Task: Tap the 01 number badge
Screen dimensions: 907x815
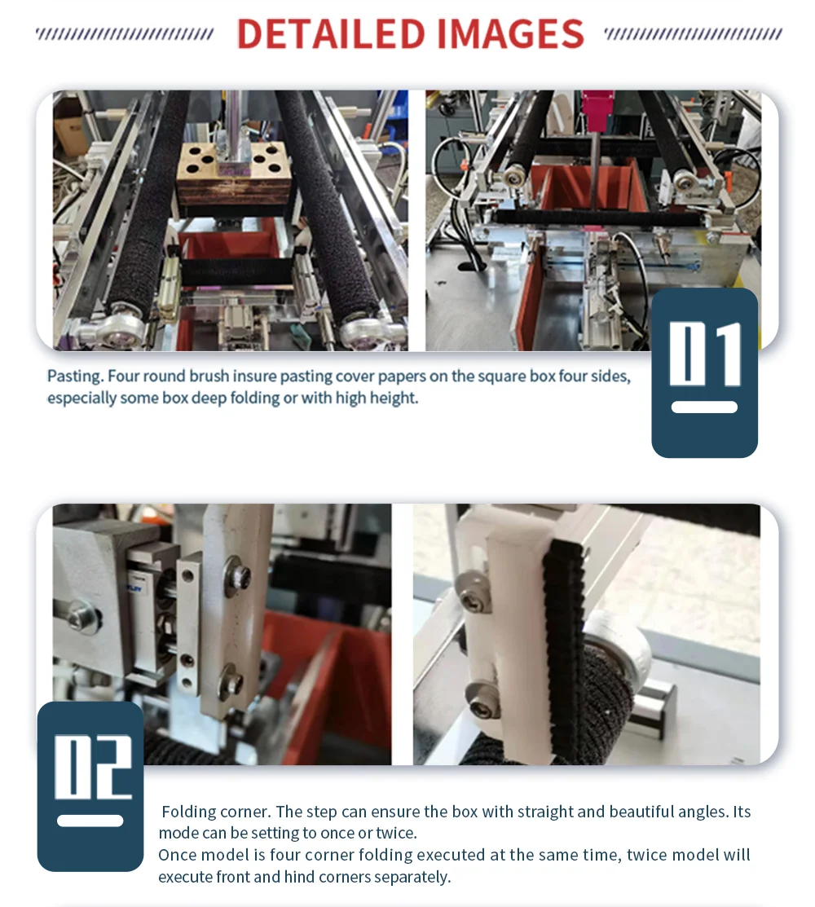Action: pos(704,372)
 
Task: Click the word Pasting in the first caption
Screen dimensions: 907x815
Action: pos(75,376)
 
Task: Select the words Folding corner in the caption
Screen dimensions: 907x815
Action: pos(215,812)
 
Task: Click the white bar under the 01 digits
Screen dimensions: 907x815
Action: pos(704,407)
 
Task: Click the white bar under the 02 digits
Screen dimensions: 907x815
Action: pos(90,821)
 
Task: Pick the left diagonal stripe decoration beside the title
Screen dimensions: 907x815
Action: pos(125,34)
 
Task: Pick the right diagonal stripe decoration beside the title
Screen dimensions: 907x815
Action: pos(693,34)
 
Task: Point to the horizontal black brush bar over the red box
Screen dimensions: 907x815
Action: pos(595,218)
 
